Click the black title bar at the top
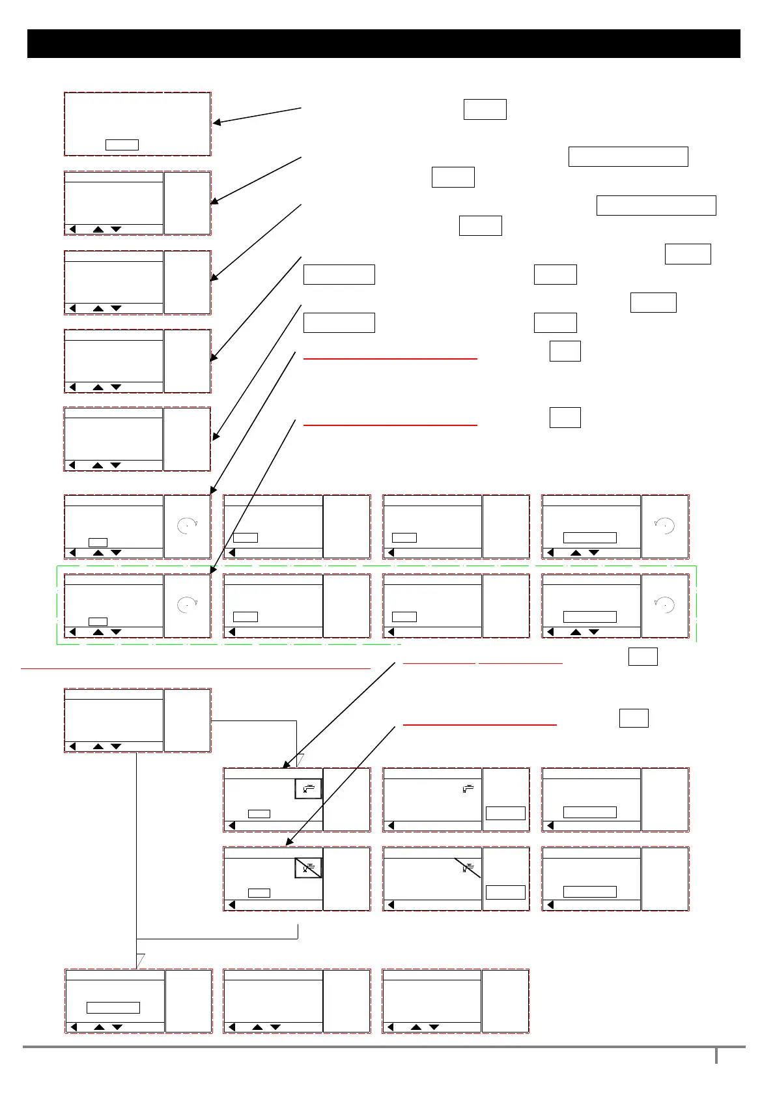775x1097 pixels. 384,44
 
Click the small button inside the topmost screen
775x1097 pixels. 122,145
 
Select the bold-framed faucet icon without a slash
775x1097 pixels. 308,789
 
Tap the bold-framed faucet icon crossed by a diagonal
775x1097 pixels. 308,868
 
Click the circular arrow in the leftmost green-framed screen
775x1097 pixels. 187,605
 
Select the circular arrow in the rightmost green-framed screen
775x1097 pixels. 664,605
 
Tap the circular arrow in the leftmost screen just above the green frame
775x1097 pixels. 187,525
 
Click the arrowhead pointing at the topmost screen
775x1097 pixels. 218,122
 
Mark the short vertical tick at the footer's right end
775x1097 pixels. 716,1055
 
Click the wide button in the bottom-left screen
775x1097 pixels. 113,1008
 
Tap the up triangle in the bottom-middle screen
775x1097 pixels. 257,1027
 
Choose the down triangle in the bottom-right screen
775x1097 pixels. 434,1027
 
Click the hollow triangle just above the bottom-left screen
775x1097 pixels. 139,961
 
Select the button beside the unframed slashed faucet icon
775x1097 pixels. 505,892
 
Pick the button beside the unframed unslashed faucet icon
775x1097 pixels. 505,813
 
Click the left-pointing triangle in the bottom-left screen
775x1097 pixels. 74,1027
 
